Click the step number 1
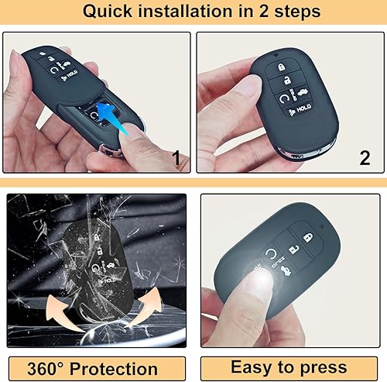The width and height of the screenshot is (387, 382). pyautogui.click(x=176, y=159)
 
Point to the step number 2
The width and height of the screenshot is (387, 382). pyautogui.click(x=365, y=158)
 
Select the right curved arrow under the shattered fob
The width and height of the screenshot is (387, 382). pyautogui.click(x=152, y=310)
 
